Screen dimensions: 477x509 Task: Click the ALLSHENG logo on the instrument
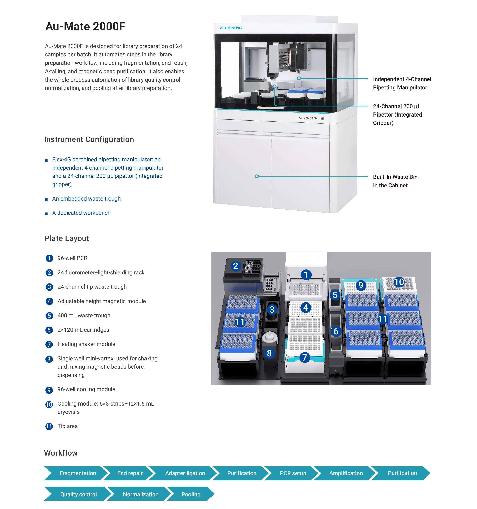point(230,28)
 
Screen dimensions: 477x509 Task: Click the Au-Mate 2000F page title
point(85,26)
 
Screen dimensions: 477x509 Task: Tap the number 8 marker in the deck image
point(269,353)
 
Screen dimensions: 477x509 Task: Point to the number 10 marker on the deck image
point(399,282)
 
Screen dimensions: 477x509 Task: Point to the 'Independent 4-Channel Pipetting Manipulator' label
point(402,83)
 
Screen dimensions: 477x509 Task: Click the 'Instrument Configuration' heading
point(89,139)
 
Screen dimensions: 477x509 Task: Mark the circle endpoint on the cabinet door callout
point(257,176)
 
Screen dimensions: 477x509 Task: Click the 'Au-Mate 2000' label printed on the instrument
point(308,118)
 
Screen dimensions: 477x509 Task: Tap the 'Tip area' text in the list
point(68,426)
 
